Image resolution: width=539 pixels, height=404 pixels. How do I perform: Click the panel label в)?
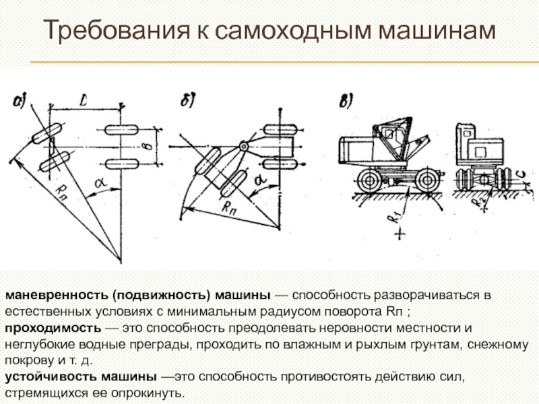tap(346, 102)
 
